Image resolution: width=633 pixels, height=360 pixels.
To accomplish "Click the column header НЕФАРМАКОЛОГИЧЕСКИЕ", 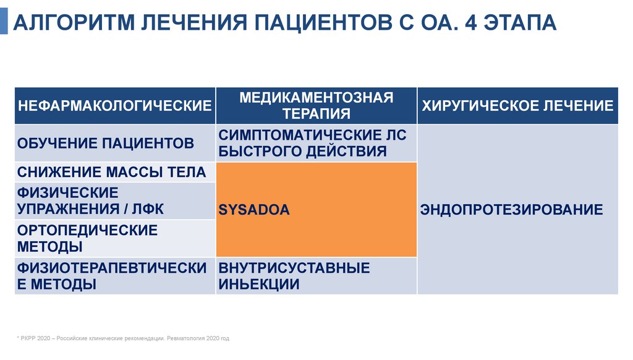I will click(x=115, y=105).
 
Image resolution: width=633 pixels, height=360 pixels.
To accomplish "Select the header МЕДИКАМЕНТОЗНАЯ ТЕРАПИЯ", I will click(x=316, y=105).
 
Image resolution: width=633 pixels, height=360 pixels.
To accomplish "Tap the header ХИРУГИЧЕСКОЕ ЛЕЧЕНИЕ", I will click(x=517, y=105).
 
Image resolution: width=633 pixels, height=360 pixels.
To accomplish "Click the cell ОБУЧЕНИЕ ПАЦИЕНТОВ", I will click(x=106, y=144).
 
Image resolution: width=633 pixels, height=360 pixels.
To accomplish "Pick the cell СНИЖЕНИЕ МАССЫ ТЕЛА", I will click(x=111, y=172).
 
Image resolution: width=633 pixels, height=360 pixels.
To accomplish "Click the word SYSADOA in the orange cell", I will click(x=254, y=210).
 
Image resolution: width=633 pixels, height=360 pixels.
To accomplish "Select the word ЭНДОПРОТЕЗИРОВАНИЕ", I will click(x=511, y=210).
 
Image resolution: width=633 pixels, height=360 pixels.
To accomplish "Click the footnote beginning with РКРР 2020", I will click(x=123, y=339).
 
